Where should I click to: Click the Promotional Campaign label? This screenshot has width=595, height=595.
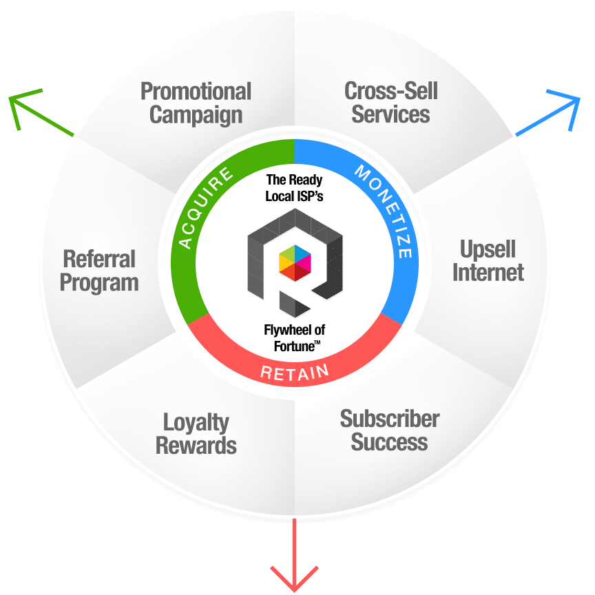pyautogui.click(x=196, y=103)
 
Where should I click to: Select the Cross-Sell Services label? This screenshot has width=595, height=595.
pyautogui.click(x=390, y=103)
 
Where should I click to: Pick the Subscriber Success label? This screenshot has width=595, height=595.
pyautogui.click(x=389, y=430)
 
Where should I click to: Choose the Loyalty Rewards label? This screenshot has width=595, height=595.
pyautogui.click(x=196, y=433)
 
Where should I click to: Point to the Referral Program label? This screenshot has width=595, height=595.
pyautogui.click(x=99, y=271)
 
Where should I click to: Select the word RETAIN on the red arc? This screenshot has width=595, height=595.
pyautogui.click(x=295, y=373)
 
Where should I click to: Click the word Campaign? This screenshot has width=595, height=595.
pyautogui.click(x=196, y=114)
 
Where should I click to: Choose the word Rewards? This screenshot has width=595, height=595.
pyautogui.click(x=196, y=445)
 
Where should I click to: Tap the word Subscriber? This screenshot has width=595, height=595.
pyautogui.click(x=389, y=418)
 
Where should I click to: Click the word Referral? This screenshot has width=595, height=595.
pyautogui.click(x=99, y=260)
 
